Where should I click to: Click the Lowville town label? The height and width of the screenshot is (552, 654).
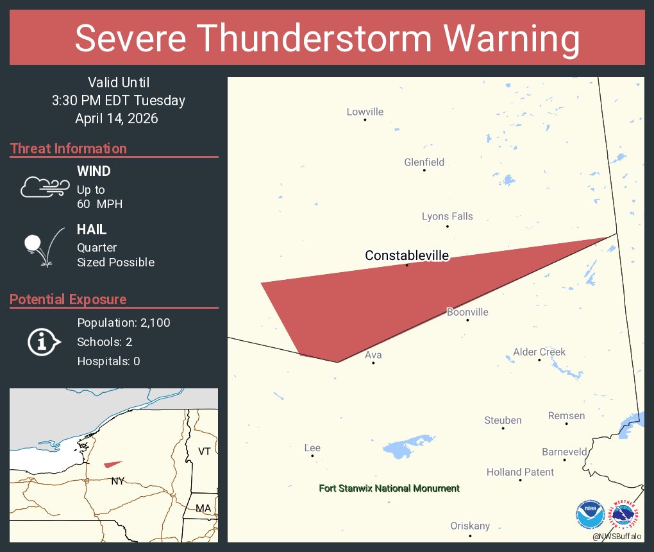(x=365, y=112)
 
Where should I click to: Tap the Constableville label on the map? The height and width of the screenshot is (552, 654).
(x=407, y=255)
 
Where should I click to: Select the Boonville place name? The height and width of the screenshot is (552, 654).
(x=467, y=313)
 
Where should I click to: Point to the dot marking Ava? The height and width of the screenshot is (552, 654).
(x=373, y=363)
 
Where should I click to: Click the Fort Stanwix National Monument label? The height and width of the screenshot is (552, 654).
(x=389, y=488)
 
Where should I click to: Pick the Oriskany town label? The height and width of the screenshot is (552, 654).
(x=470, y=526)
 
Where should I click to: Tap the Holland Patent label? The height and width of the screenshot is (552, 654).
(x=520, y=472)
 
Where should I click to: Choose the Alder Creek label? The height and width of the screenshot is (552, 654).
(x=539, y=352)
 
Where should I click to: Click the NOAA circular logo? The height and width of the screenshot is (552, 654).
(x=590, y=515)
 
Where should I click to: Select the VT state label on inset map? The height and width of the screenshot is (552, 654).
(x=204, y=451)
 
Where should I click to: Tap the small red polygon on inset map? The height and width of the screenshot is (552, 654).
(x=113, y=463)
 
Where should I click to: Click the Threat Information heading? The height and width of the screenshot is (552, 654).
(x=69, y=148)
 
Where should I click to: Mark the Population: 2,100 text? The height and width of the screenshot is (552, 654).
(x=124, y=323)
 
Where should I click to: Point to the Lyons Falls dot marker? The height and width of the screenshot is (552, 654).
(x=448, y=227)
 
